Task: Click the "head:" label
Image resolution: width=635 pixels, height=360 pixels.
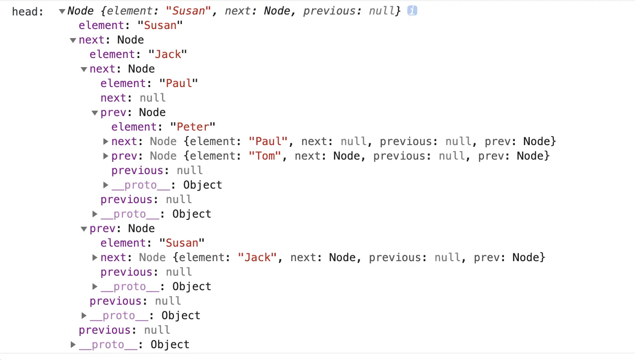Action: pos(28,11)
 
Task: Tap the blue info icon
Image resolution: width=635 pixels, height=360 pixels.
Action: pos(412,10)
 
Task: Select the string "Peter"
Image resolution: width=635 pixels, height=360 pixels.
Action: pos(192,127)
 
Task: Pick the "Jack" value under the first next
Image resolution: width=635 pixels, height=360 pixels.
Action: pos(168,54)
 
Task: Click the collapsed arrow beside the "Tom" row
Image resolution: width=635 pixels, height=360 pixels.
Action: pos(106,156)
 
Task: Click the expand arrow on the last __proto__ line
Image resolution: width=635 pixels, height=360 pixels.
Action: pos(73,345)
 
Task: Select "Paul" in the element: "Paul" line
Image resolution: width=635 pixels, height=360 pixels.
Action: pos(179,83)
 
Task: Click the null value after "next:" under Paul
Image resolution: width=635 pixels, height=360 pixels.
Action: pos(152,98)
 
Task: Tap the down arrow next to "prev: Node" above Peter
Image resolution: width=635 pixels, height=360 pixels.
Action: pos(95,112)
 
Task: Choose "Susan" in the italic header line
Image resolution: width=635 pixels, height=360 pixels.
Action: pos(190,11)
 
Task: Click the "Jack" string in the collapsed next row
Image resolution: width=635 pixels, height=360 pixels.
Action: pos(257,258)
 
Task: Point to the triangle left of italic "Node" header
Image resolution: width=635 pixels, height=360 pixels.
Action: pos(62,11)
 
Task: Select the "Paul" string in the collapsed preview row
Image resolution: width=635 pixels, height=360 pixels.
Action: pos(268,141)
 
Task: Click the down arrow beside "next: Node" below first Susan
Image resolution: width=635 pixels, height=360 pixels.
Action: pos(73,40)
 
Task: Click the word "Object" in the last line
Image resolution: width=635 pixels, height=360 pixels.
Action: pos(170,345)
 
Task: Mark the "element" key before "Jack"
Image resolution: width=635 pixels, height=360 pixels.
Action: pos(112,54)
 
